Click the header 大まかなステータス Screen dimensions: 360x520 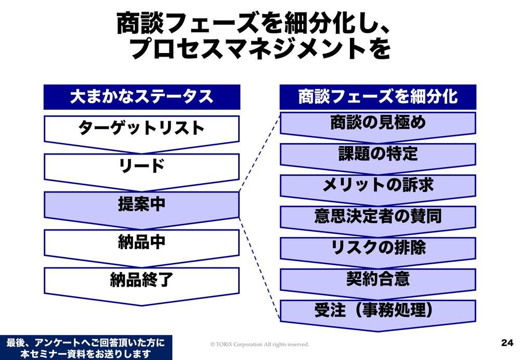(141, 97)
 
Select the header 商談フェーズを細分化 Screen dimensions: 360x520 (378, 97)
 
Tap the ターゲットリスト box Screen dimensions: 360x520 (141, 128)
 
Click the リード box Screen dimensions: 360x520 (141, 166)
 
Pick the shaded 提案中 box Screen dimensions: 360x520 (141, 205)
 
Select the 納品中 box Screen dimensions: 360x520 (141, 242)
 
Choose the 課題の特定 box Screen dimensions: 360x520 (378, 154)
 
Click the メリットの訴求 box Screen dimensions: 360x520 (378, 185)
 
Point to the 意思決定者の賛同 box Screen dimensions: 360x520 (378, 216)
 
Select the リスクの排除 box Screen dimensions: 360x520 (378, 248)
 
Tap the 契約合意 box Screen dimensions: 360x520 (378, 279)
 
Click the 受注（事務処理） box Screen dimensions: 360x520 (378, 311)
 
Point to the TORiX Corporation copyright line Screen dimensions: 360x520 (259, 344)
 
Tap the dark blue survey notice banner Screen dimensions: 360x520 (86, 348)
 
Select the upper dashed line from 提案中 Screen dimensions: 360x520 (259, 153)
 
